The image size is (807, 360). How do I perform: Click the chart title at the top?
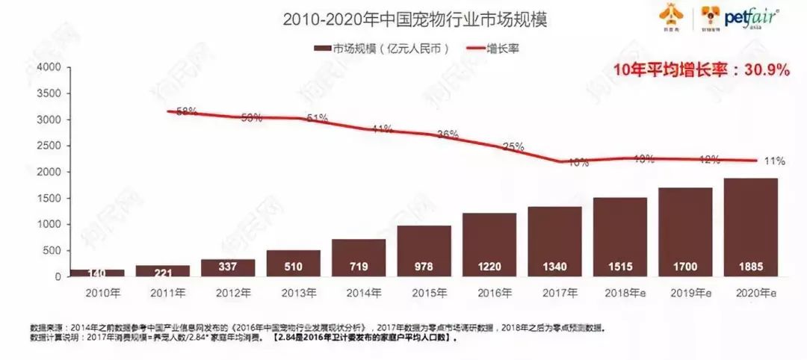tap(415, 19)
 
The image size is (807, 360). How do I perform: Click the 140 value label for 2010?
tap(96, 273)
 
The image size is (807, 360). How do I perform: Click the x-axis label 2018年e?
tap(619, 292)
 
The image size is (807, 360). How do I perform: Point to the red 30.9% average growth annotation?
tap(701, 70)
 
